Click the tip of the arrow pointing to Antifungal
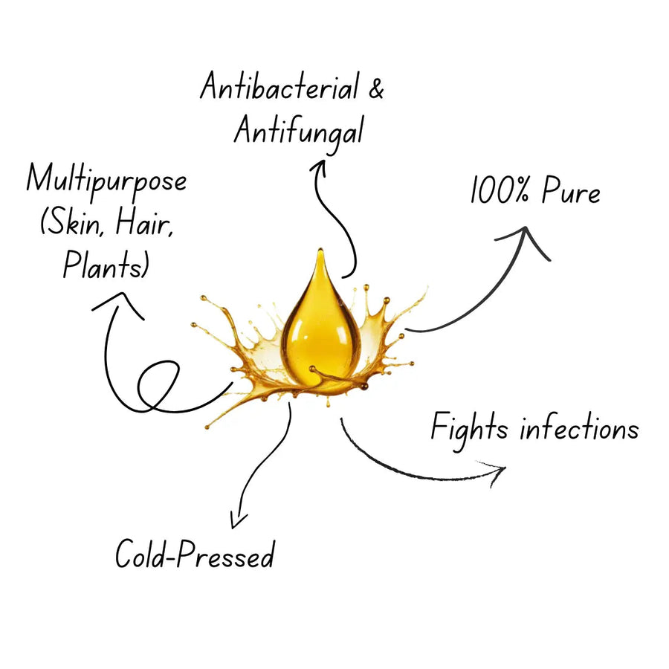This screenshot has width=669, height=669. click(322, 161)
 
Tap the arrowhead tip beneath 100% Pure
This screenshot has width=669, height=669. click(526, 227)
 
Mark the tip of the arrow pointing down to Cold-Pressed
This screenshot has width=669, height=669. click(233, 529)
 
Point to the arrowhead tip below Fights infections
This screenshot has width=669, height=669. click(505, 468)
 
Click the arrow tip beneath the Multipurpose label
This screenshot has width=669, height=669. click(123, 293)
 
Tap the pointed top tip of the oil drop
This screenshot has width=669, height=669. click(320, 249)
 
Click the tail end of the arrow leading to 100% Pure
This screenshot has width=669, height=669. click(405, 329)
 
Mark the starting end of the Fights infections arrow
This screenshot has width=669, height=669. click(341, 419)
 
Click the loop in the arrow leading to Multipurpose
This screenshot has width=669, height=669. click(158, 386)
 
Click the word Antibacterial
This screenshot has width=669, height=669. click(280, 87)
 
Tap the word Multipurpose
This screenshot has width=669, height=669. click(106, 181)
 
